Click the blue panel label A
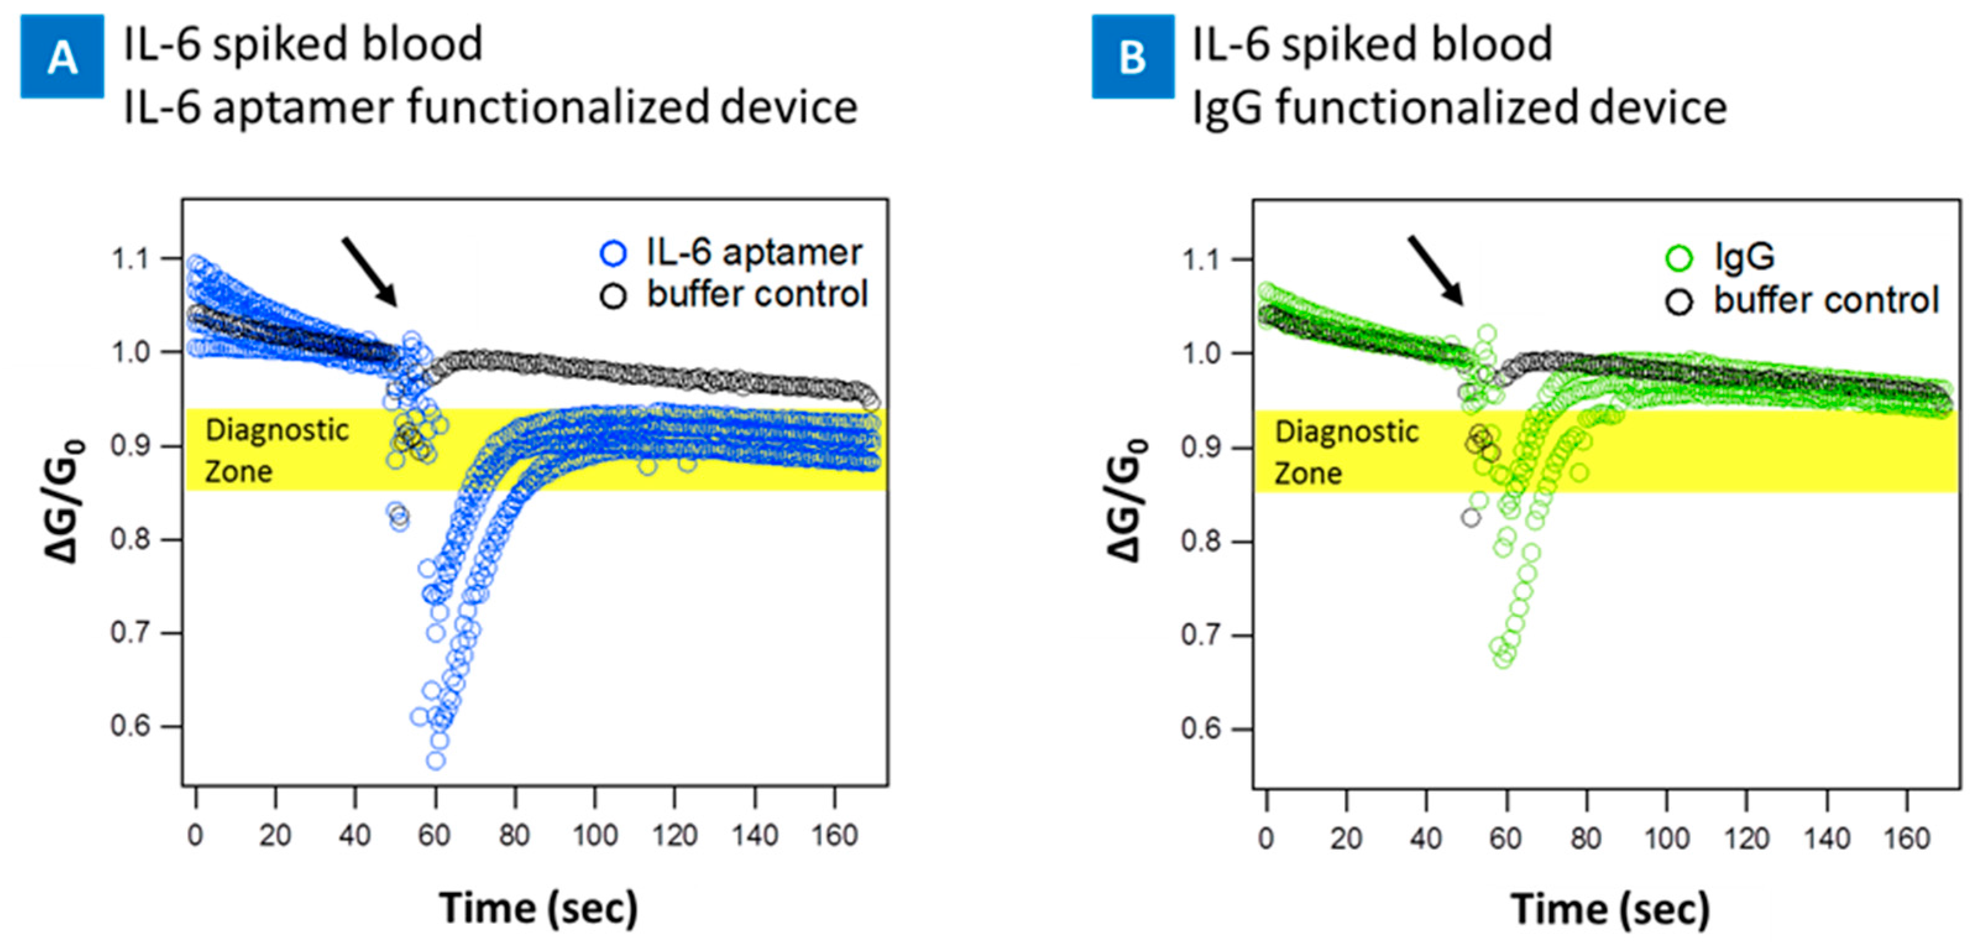point(62,57)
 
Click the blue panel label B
point(1132,57)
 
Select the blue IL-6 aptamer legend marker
point(612,253)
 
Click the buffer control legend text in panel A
point(757,294)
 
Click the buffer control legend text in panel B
point(1826,300)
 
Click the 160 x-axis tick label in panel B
point(1907,837)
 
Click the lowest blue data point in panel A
point(435,760)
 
